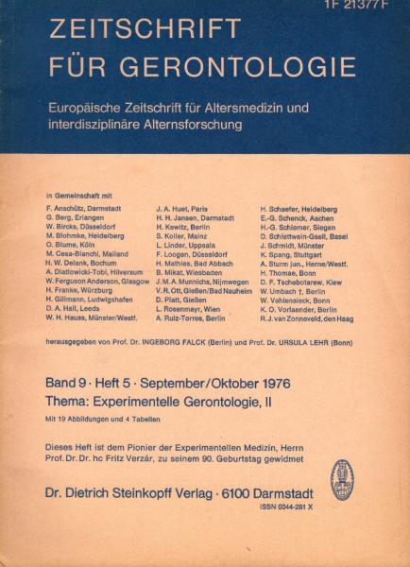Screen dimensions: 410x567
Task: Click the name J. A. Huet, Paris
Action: tap(183, 205)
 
